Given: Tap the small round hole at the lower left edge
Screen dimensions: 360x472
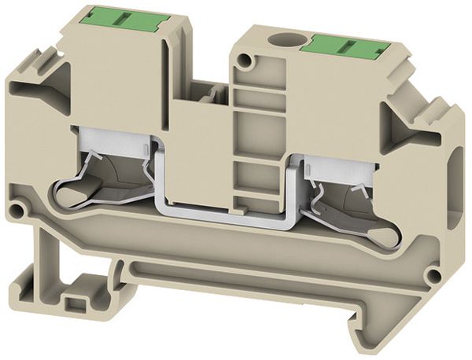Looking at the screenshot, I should coord(17,210).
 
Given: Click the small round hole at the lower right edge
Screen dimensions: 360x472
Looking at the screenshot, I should coord(432,276).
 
